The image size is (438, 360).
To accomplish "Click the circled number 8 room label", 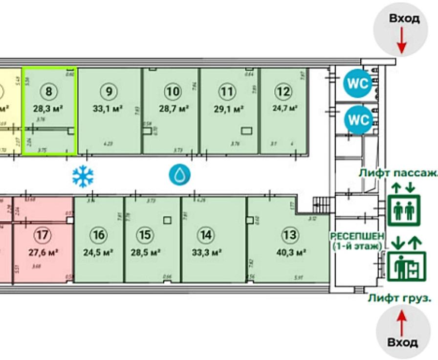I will click(x=49, y=91).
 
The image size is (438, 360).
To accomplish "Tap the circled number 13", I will click(x=290, y=235).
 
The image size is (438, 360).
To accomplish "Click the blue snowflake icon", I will click(x=83, y=176).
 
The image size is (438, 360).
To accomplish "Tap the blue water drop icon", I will click(x=179, y=174).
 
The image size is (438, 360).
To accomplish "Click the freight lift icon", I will click(x=403, y=267).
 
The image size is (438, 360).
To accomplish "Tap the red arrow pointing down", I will click(x=401, y=40).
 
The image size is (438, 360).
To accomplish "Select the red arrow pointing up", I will click(x=401, y=323).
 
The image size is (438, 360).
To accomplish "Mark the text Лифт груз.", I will click(x=399, y=297).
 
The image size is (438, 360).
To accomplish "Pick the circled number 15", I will click(x=144, y=235).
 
